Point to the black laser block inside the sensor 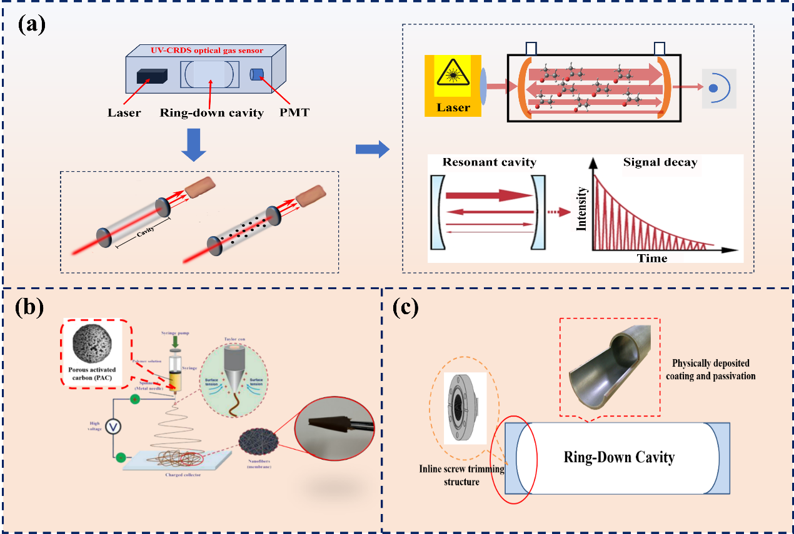(x=152, y=76)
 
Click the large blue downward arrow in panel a (x=198, y=145)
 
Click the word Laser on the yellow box (x=453, y=107)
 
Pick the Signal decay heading (x=660, y=162)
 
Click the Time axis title (x=653, y=257)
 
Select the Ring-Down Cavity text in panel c (x=619, y=457)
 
